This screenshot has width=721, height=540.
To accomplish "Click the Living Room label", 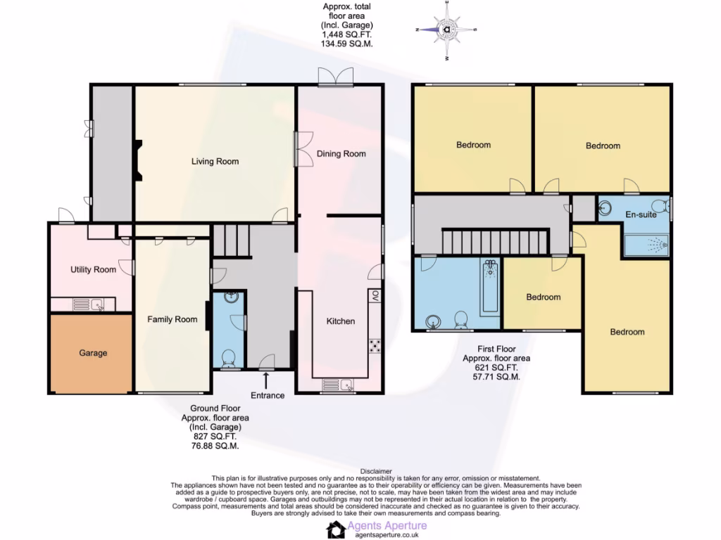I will coord(215,161).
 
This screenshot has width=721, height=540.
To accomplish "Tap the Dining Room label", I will coord(341,154).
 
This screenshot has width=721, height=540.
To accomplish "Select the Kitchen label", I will coord(340,321).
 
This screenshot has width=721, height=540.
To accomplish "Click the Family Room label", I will coord(172,319).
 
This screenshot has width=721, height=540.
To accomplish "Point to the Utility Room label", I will coord(93,269).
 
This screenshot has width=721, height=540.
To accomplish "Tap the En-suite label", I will coord(641,214).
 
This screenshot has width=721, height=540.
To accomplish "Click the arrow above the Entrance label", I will coord(267,380).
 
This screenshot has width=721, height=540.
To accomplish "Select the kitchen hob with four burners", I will coord(375,345).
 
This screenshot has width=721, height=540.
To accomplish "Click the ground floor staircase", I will coord(232,240).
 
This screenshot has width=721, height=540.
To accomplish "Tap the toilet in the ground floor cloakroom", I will coord(227,360).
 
